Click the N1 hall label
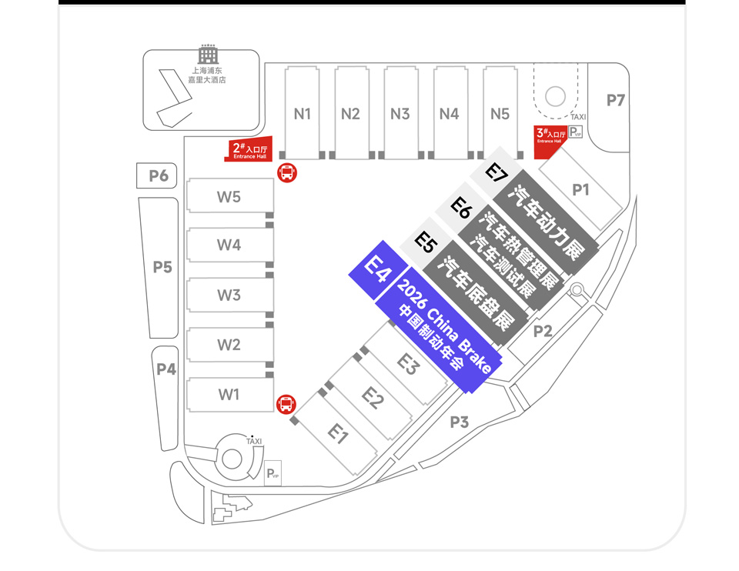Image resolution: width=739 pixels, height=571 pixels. [302, 114]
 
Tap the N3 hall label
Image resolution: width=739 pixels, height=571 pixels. [400, 114]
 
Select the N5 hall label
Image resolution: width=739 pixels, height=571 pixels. [500, 114]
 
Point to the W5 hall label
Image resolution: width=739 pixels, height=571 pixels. [229, 196]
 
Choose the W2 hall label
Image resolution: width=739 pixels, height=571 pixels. [229, 345]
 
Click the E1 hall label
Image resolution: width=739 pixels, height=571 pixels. [337, 433]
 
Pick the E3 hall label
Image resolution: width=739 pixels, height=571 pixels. [408, 364]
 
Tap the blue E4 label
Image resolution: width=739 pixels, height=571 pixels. [378, 269]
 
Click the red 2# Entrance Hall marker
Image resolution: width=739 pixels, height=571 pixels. [249, 150]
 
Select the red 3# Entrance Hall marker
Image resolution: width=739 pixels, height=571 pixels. [550, 142]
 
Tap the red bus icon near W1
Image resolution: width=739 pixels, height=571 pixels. [286, 404]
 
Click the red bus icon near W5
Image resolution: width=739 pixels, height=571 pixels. [287, 173]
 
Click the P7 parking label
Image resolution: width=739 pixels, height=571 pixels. [616, 100]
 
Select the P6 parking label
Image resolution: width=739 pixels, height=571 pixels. [159, 175]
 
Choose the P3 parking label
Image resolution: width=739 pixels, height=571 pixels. [459, 422]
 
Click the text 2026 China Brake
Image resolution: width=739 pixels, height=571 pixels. [444, 326]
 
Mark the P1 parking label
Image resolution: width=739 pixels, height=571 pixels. [580, 189]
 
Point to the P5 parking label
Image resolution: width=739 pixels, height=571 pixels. [162, 267]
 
